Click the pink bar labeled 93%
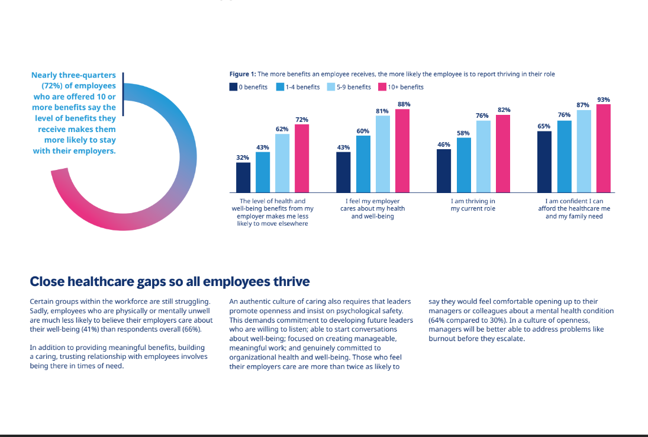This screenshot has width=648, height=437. pyautogui.click(x=604, y=149)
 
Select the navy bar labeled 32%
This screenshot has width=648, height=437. pyautogui.click(x=243, y=178)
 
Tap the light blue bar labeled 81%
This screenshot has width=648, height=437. pyautogui.click(x=383, y=154)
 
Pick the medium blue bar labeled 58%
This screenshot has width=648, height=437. pyautogui.click(x=464, y=165)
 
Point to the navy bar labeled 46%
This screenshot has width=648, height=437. pyautogui.click(x=444, y=171)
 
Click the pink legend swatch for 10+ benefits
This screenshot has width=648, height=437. pyautogui.click(x=382, y=87)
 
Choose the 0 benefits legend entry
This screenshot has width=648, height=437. pyautogui.click(x=249, y=87)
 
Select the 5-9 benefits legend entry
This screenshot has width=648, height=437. pyautogui.click(x=349, y=87)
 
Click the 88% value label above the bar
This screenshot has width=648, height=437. pyautogui.click(x=404, y=104)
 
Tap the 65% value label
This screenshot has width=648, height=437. pyautogui.click(x=544, y=126)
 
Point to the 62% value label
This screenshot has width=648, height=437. pyautogui.click(x=282, y=129)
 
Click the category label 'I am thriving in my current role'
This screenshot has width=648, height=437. pyautogui.click(x=473, y=205)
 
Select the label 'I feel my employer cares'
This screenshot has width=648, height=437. pyautogui.click(x=372, y=205)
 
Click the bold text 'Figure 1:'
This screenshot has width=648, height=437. pyautogui.click(x=243, y=74)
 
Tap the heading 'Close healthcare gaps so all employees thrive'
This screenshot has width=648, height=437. pyautogui.click(x=170, y=281)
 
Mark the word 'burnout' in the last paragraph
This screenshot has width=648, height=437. pyautogui.click(x=441, y=339)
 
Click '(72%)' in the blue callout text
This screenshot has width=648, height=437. pyautogui.click(x=53, y=86)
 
